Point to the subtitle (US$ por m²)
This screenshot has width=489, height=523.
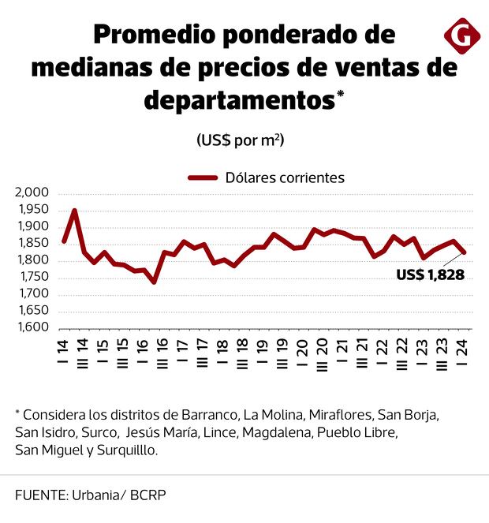(240, 140)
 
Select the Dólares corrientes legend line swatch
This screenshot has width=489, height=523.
(201, 177)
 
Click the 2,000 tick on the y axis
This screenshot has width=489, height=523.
(32, 193)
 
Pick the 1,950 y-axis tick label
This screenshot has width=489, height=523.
(32, 210)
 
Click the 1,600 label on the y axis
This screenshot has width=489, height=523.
(32, 327)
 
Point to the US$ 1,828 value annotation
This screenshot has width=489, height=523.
(430, 275)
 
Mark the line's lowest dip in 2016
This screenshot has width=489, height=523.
(154, 282)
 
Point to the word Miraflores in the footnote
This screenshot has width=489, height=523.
(340, 414)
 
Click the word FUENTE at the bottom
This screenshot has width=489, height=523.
(39, 495)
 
